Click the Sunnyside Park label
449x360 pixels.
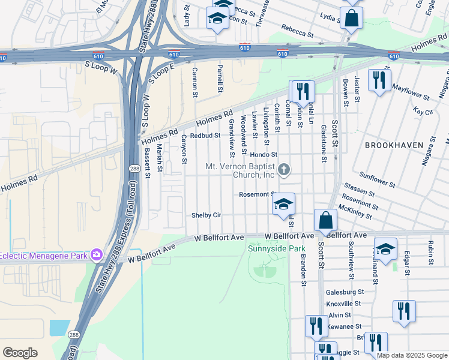277,248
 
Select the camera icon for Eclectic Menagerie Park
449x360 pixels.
96,256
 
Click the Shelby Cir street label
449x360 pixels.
206,215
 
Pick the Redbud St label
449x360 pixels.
205,136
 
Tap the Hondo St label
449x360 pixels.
280,155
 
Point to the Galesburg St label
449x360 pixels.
345,292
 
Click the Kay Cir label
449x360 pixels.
423,112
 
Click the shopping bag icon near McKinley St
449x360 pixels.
325,221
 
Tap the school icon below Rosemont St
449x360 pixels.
283,205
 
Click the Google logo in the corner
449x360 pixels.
20,353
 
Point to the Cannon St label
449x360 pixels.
194,82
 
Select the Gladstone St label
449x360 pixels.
324,143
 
